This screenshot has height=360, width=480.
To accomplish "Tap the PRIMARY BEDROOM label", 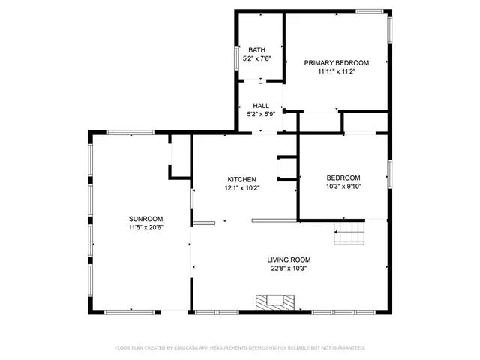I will point(336,63).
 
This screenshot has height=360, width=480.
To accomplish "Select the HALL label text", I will point(260,106).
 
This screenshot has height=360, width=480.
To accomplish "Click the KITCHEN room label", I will point(242,179).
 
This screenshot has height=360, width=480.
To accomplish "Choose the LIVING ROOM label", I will point(289,259).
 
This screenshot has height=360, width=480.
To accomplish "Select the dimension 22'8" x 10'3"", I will point(289,268).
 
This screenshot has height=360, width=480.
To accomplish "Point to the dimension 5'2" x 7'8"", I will point(256,58).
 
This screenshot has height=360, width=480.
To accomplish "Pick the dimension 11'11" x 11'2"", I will point(336,71).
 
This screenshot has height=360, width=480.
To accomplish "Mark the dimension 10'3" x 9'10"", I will point(343,187).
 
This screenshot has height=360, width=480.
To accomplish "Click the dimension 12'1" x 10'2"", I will point(242,188).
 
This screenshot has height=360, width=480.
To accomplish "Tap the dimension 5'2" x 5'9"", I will point(260,114).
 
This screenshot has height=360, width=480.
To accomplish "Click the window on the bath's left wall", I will point(236,58).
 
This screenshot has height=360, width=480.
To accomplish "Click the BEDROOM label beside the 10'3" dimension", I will point(343,178).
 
